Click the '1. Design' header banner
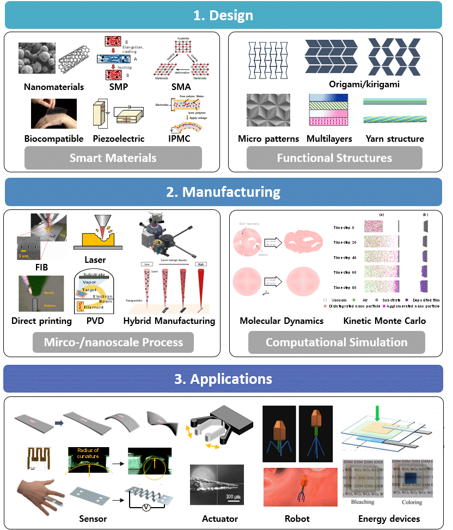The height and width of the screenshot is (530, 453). click(x=223, y=15)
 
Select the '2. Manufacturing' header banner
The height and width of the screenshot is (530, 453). click(x=223, y=192)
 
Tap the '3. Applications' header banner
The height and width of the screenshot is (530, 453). click(x=223, y=378)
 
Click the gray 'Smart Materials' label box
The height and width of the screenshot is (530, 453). click(x=113, y=158)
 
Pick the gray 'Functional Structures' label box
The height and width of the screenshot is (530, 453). click(x=334, y=158)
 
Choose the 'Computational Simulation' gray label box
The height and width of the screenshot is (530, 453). click(x=336, y=342)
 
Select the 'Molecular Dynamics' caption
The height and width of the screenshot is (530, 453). click(x=281, y=321)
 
